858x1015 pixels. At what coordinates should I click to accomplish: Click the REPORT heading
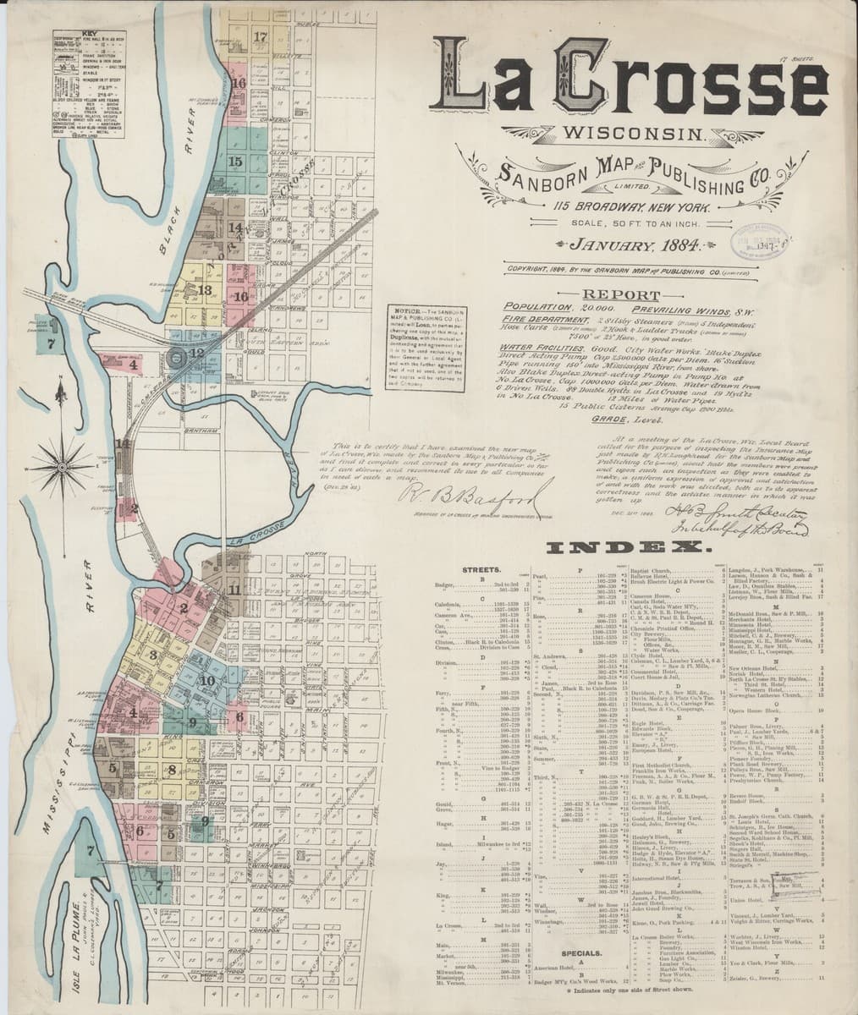(627, 295)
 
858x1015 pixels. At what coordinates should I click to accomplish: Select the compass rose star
(60, 451)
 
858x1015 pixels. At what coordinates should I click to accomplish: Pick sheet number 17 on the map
(260, 36)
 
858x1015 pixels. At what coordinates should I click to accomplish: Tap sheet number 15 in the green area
(235, 162)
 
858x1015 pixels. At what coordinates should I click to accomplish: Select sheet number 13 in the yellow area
(204, 289)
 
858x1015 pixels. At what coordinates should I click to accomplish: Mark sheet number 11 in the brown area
(234, 590)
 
